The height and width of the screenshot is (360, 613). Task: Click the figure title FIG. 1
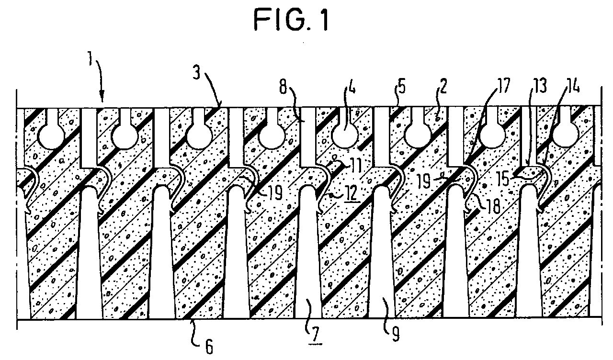coord(291,19)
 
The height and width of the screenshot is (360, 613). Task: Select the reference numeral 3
coord(196,70)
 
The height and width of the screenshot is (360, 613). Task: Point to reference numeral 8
coord(283,87)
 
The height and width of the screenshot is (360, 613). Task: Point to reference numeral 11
coord(355,165)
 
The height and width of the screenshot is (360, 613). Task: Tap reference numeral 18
coord(492,205)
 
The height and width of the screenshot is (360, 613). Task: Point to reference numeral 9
coord(395,334)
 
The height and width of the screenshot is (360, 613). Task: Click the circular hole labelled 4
coord(345,135)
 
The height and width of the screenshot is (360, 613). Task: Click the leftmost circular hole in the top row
coord(51,135)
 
